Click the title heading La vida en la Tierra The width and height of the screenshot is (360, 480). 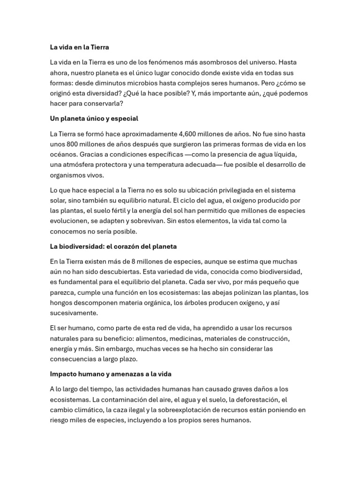pyautogui.click(x=80, y=47)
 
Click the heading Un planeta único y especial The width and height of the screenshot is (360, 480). pyautogui.click(x=94, y=119)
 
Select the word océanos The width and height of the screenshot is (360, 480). pyautogui.click(x=63, y=154)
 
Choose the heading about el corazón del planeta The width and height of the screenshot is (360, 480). pyautogui.click(x=113, y=246)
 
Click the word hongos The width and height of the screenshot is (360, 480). pyautogui.click(x=62, y=302)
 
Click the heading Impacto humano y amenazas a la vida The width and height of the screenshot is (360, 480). pyautogui.click(x=111, y=374)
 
